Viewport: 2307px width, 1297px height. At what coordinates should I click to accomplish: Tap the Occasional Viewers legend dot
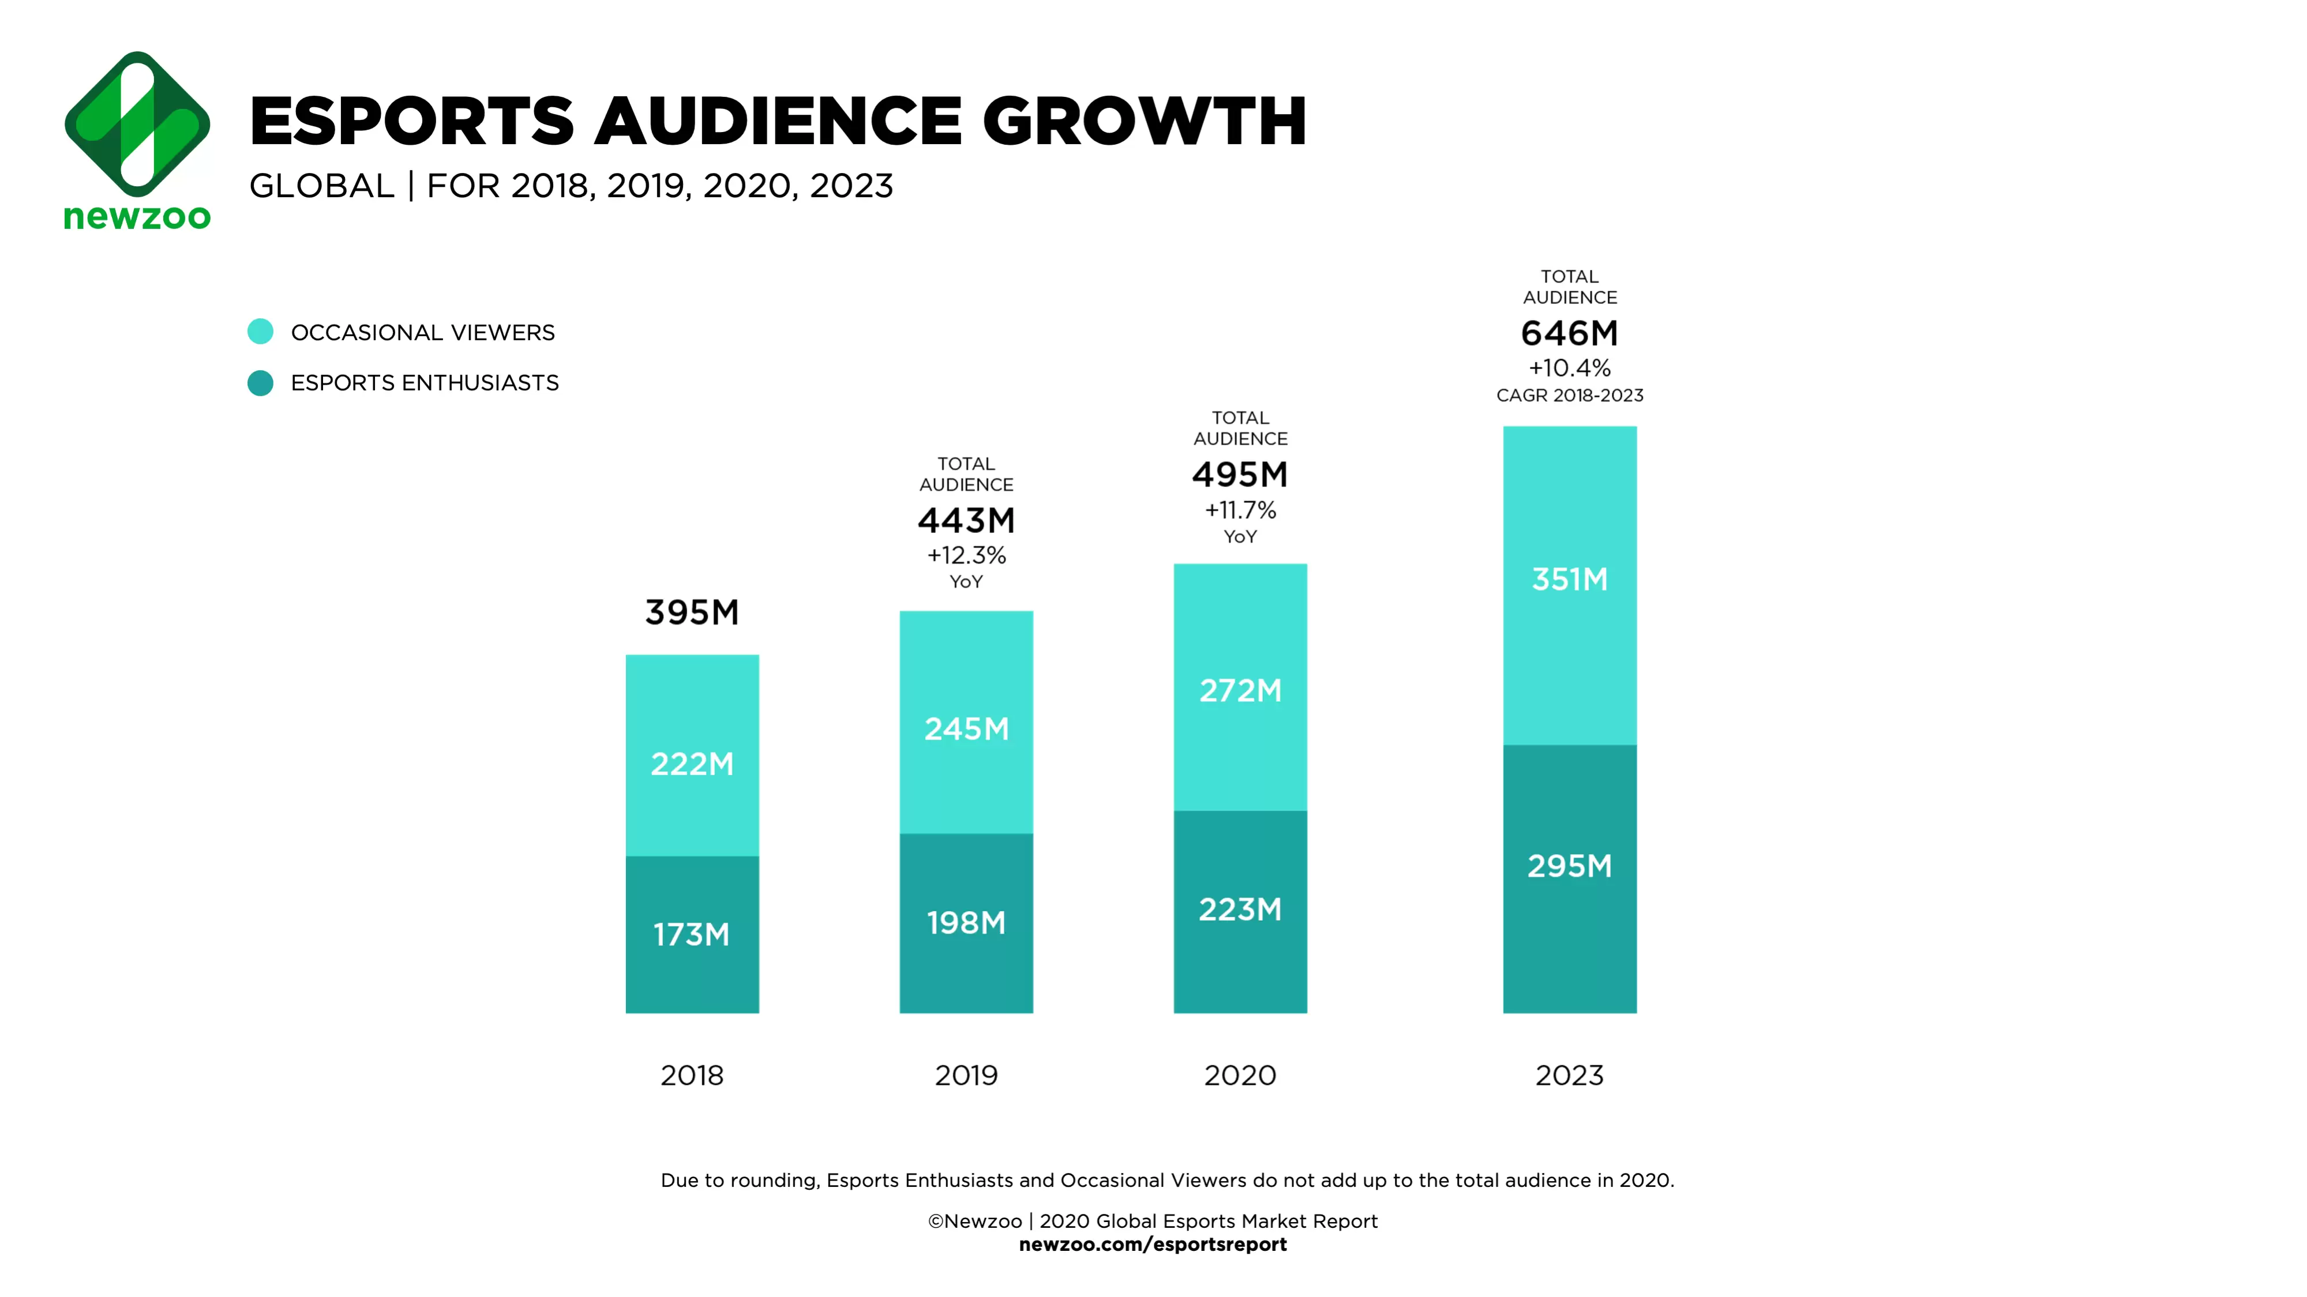pos(261,332)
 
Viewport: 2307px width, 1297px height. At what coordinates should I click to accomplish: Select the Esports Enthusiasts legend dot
pos(261,383)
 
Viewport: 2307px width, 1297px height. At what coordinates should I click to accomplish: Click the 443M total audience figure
pos(966,520)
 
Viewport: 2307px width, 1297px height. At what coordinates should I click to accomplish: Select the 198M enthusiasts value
pos(966,923)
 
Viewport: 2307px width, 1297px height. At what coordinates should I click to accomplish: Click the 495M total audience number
pos(1240,475)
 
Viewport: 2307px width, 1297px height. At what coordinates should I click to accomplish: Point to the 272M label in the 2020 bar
pos(1240,690)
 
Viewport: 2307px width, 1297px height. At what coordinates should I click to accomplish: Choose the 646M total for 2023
pos(1570,333)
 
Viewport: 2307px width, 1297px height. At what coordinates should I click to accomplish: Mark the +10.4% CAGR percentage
pos(1570,368)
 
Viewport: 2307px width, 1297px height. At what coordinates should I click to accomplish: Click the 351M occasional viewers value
pos(1570,579)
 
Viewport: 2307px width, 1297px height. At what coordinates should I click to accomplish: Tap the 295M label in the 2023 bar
pos(1570,866)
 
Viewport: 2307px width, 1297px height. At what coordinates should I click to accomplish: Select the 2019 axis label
pos(966,1075)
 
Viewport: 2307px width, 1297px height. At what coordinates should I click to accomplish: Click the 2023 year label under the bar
pos(1570,1075)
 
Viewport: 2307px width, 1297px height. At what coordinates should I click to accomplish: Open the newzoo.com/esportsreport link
pos(1153,1244)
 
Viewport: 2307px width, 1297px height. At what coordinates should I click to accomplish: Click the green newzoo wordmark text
pos(137,217)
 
